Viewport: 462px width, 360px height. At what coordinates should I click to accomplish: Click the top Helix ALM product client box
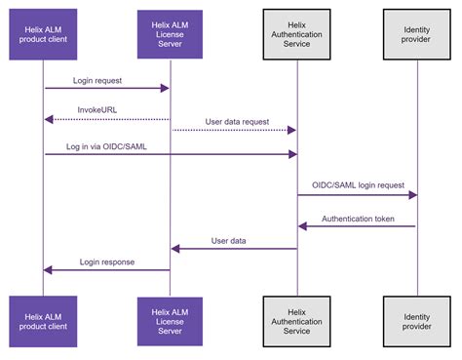pos(43,35)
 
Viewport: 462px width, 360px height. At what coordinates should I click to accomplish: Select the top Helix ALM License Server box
pos(170,35)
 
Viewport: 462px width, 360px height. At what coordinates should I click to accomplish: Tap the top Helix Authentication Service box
pos(296,35)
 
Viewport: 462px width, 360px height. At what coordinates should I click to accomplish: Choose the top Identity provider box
pos(416,35)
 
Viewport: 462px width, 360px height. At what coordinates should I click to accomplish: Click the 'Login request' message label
pos(96,78)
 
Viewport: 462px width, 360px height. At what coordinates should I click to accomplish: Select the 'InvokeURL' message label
pos(97,110)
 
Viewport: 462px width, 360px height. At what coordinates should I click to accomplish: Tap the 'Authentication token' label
pos(358,219)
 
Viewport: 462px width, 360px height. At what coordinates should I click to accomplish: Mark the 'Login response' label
pos(106,261)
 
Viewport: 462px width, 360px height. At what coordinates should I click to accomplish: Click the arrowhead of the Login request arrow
pos(166,88)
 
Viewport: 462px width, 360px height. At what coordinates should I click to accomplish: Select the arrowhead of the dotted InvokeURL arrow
pos(48,119)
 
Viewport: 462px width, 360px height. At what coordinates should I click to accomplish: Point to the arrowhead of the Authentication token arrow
pos(302,226)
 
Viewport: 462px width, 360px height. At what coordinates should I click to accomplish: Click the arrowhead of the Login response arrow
pos(48,270)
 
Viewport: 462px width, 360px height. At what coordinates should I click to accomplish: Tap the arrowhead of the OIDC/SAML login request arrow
pos(412,195)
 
